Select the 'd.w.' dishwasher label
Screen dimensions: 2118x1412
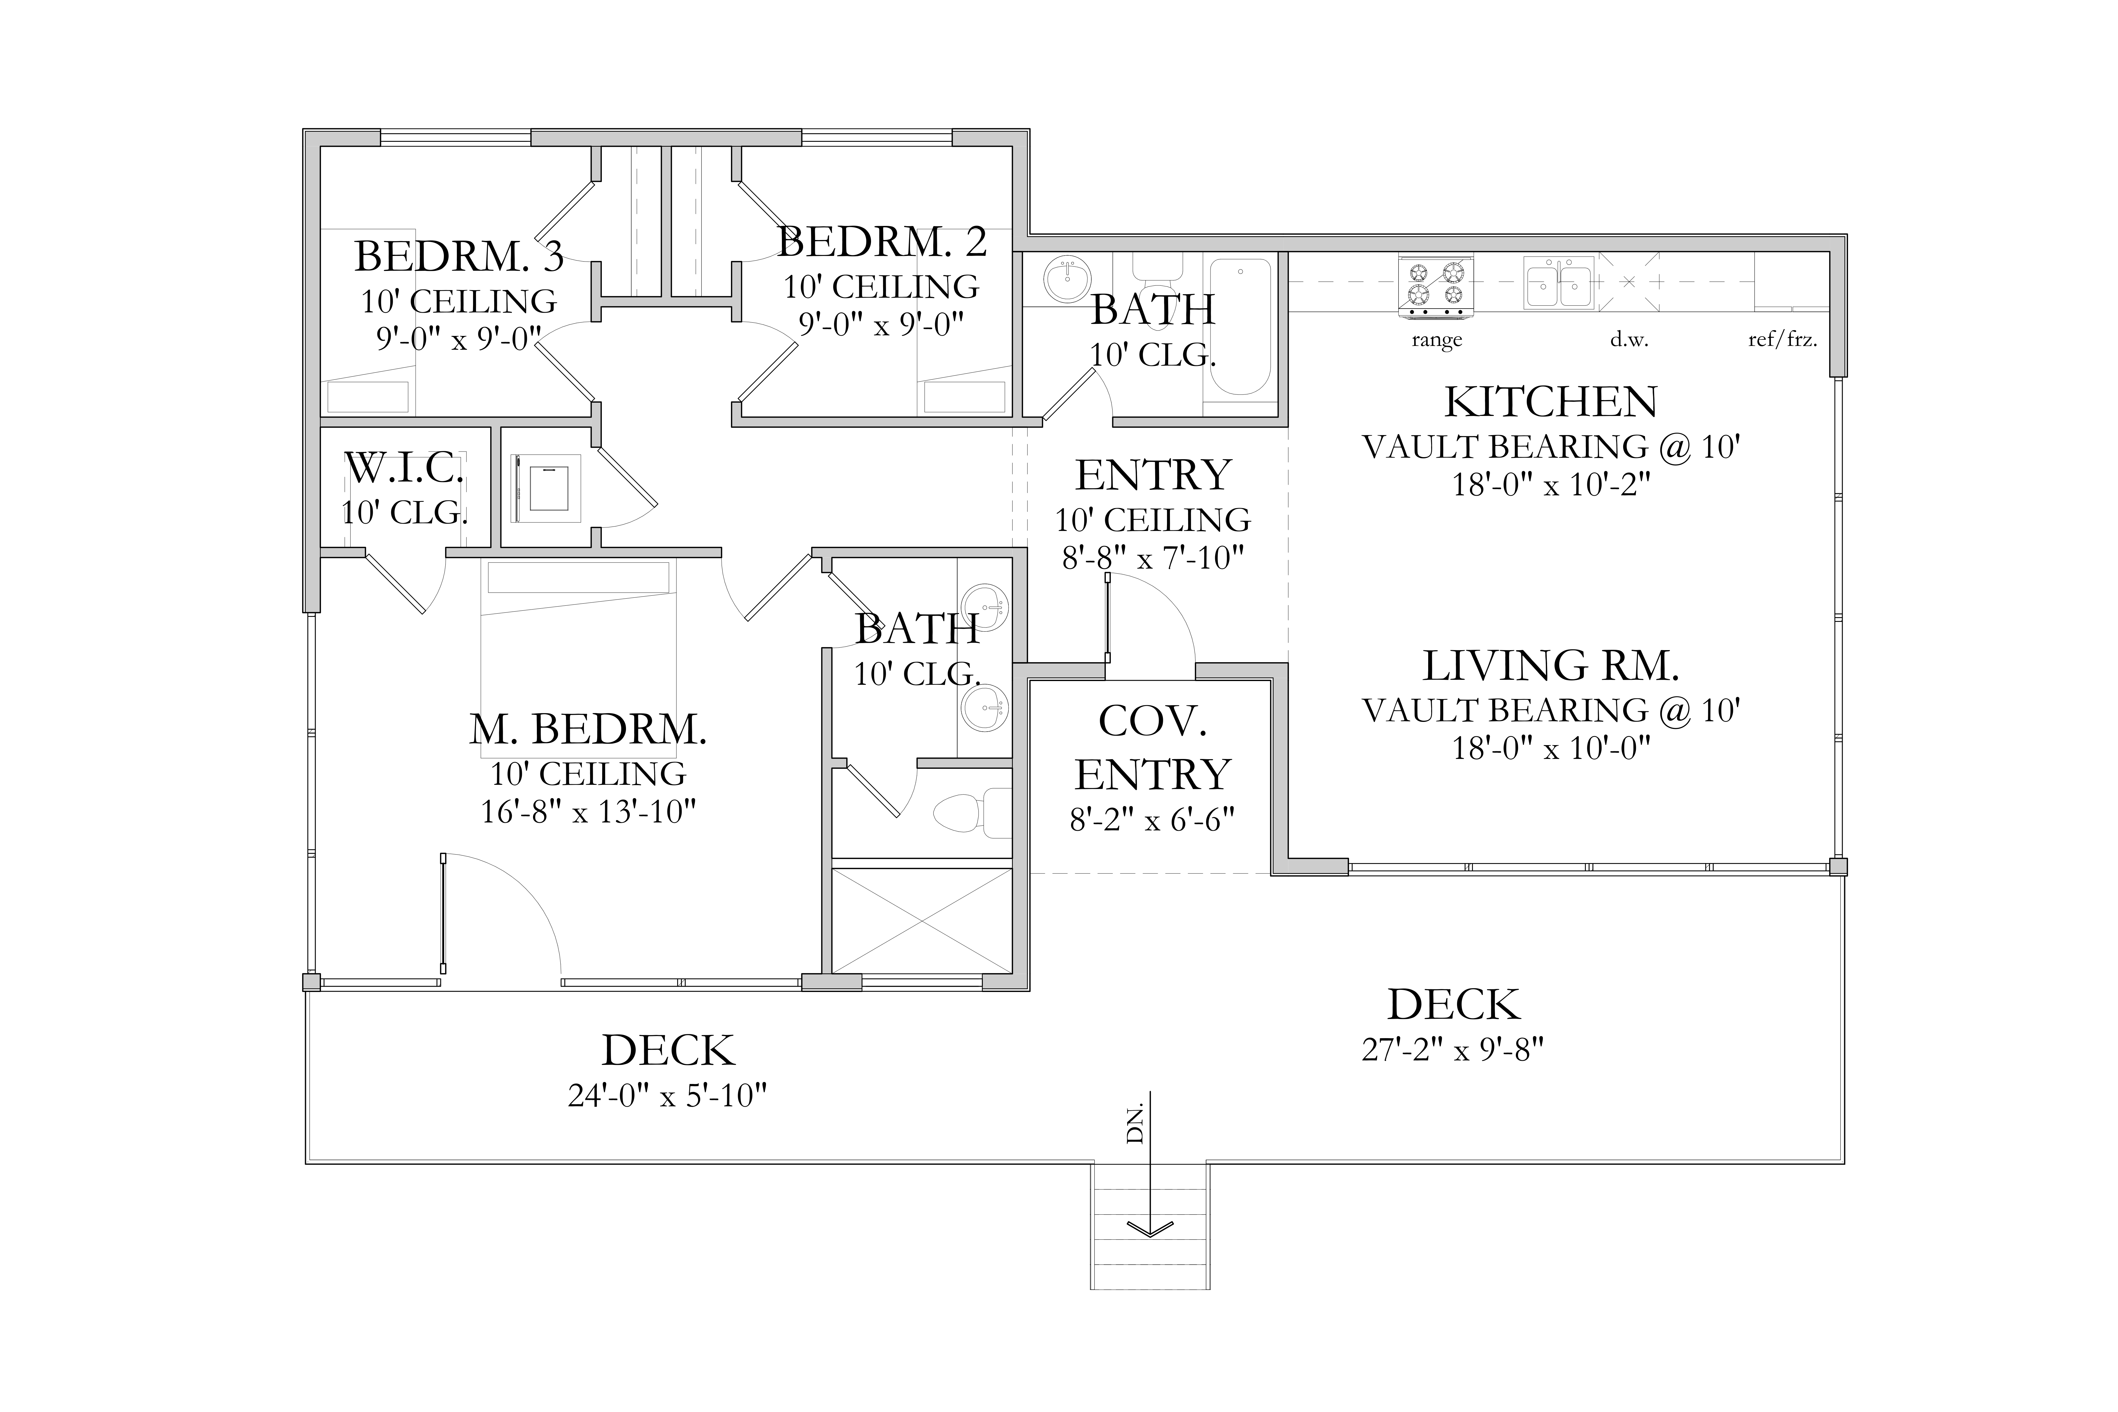click(x=1629, y=340)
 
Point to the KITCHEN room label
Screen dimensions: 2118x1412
click(x=1551, y=402)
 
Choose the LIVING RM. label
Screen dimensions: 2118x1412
click(x=1551, y=666)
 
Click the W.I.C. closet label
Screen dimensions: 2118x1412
click(x=404, y=468)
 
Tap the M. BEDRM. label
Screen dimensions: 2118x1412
click(x=588, y=730)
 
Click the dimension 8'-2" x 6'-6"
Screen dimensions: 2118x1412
click(x=1152, y=820)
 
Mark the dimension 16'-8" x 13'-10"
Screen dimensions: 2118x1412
click(x=588, y=812)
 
